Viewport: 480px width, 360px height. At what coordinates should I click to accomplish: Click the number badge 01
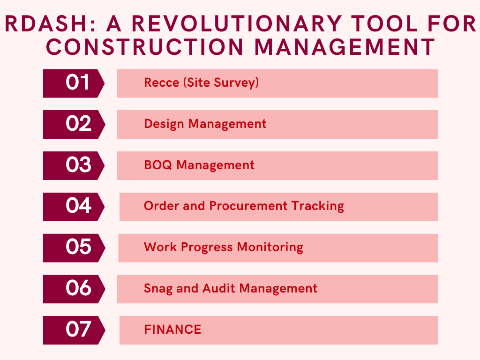pyautogui.click(x=74, y=83)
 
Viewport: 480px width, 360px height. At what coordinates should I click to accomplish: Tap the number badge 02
pyautogui.click(x=74, y=124)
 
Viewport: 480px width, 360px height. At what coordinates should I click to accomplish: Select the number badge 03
pyautogui.click(x=74, y=165)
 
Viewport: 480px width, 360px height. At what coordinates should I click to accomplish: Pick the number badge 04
pyautogui.click(x=74, y=207)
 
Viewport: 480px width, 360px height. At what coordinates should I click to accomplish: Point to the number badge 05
pyautogui.click(x=74, y=248)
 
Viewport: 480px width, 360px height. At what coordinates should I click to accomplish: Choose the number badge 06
pyautogui.click(x=74, y=289)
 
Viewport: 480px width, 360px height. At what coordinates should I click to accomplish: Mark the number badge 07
pyautogui.click(x=74, y=330)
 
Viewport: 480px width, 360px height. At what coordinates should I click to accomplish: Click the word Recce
pyautogui.click(x=162, y=82)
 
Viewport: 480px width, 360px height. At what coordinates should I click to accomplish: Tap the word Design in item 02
pyautogui.click(x=164, y=124)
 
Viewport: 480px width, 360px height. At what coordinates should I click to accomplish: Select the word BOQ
pyautogui.click(x=158, y=165)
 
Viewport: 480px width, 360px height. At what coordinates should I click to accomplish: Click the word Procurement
pyautogui.click(x=248, y=206)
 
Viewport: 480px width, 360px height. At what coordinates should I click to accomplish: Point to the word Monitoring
pyautogui.click(x=270, y=247)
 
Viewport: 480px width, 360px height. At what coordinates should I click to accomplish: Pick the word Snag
pyautogui.click(x=158, y=289)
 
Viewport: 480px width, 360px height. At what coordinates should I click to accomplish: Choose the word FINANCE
pyautogui.click(x=172, y=330)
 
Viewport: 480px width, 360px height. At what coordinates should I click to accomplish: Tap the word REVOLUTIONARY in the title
pyautogui.click(x=237, y=23)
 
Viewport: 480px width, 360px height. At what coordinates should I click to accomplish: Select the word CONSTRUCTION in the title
pyautogui.click(x=144, y=47)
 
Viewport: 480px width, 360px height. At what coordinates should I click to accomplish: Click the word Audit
pyautogui.click(x=218, y=288)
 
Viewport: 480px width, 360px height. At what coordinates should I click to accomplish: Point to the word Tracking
pyautogui.click(x=317, y=206)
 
